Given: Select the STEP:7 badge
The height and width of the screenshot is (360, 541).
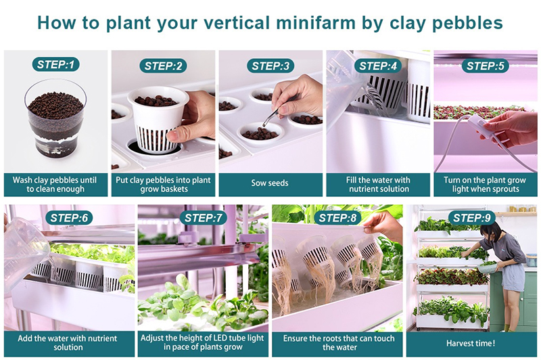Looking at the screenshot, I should pyautogui.click(x=204, y=218).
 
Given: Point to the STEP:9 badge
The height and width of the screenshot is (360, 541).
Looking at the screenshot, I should pyautogui.click(x=472, y=218).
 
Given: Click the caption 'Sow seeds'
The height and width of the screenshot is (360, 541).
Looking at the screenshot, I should pyautogui.click(x=270, y=183).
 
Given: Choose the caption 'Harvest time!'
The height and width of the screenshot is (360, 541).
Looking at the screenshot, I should pyautogui.click(x=471, y=343).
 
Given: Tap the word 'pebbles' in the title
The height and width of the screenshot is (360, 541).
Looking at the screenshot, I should pyautogui.click(x=468, y=23).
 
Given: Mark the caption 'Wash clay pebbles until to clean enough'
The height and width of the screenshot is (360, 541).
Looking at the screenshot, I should pyautogui.click(x=55, y=185).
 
